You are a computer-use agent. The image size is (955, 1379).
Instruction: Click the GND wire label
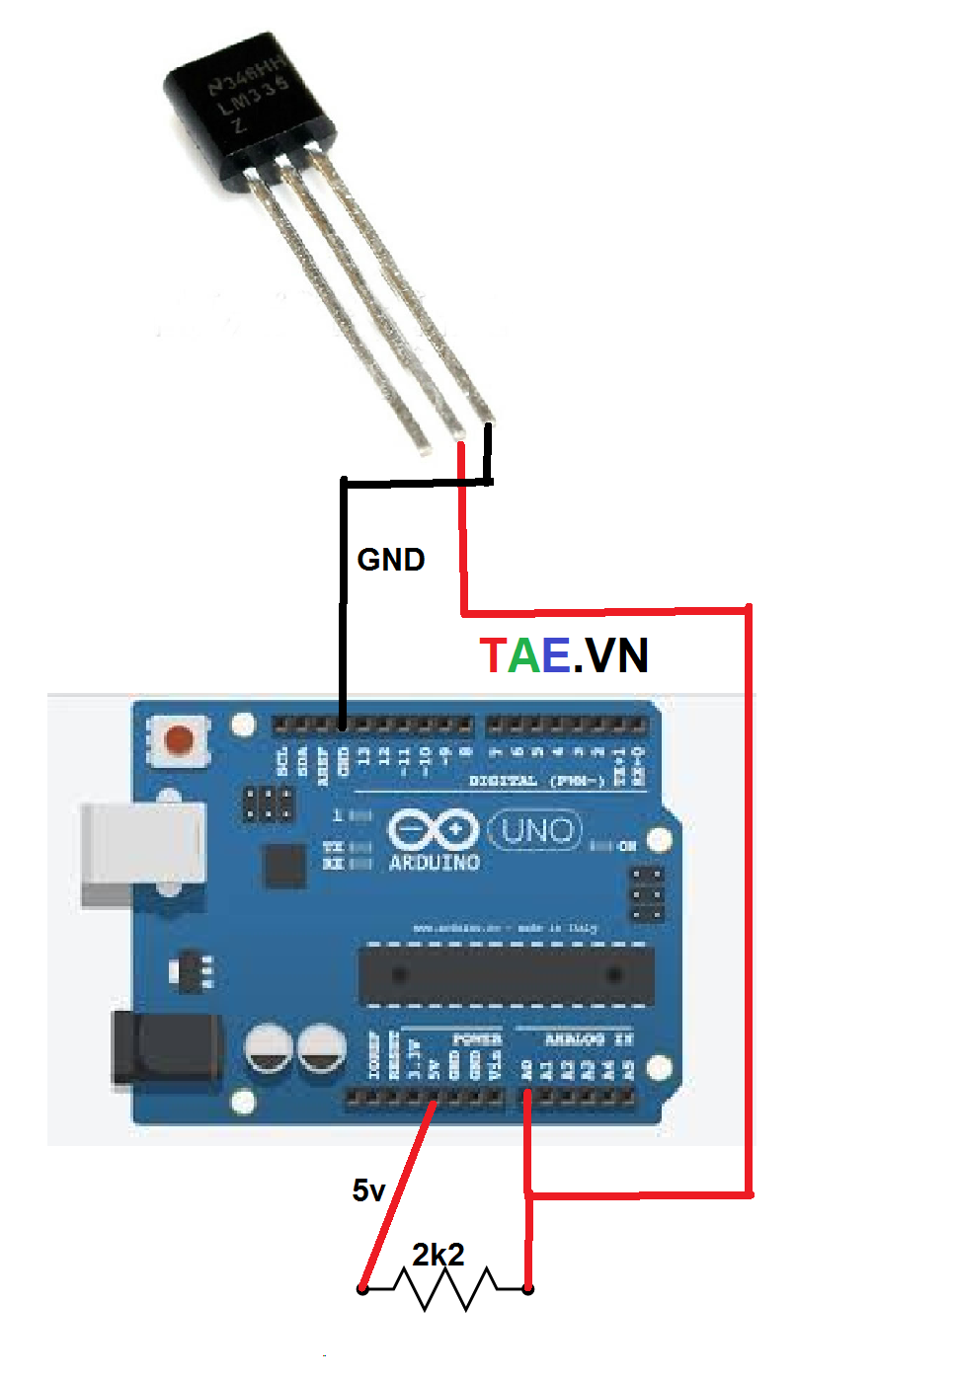(390, 560)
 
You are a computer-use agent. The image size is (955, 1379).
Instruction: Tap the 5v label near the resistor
(368, 1190)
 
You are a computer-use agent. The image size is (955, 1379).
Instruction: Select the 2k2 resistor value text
(438, 1255)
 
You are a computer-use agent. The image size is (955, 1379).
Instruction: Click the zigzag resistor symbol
(445, 1289)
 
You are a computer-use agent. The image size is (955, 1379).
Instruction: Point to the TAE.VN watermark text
(564, 654)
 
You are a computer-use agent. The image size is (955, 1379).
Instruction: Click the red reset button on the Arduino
(179, 739)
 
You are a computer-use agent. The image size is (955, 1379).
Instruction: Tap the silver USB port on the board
(143, 854)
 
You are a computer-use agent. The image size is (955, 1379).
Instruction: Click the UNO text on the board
(536, 831)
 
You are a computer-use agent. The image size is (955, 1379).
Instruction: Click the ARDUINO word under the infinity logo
(435, 862)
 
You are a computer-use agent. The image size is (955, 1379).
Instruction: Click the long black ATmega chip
(506, 975)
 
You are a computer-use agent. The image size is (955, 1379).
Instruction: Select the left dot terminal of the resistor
(362, 1288)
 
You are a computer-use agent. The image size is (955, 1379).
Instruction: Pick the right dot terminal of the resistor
(528, 1288)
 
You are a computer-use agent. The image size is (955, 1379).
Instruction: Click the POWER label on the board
(477, 1039)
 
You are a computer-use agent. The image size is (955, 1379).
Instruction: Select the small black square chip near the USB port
(284, 866)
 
